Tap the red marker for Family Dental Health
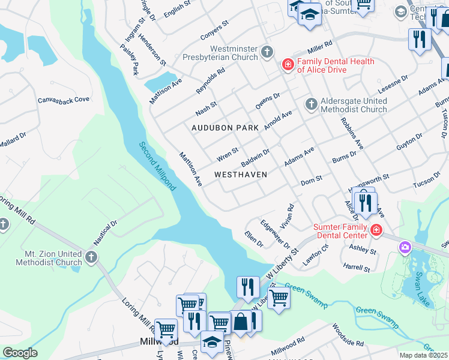(288, 65)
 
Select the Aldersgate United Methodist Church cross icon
(311, 104)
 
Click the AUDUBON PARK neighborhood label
(225, 128)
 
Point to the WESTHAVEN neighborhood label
(240, 174)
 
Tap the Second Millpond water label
(157, 166)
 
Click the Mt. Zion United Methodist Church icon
(91, 258)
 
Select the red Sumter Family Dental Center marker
(376, 230)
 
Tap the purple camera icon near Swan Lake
(405, 247)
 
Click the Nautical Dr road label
(104, 233)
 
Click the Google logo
(20, 353)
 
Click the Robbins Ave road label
(352, 137)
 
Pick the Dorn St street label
(312, 179)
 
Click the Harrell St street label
(356, 268)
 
